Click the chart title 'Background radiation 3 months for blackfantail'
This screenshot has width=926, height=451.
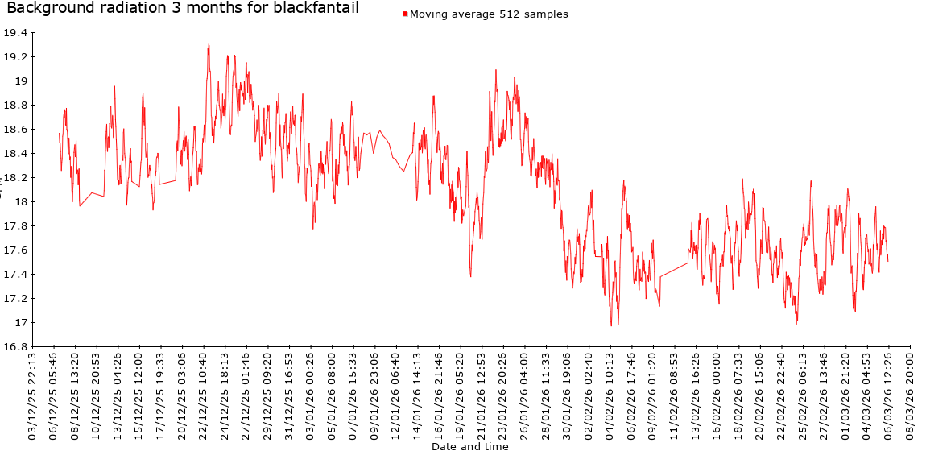183,10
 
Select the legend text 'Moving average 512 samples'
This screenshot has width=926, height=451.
489,14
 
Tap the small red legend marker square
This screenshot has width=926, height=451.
405,14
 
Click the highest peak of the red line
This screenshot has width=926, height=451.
209,45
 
